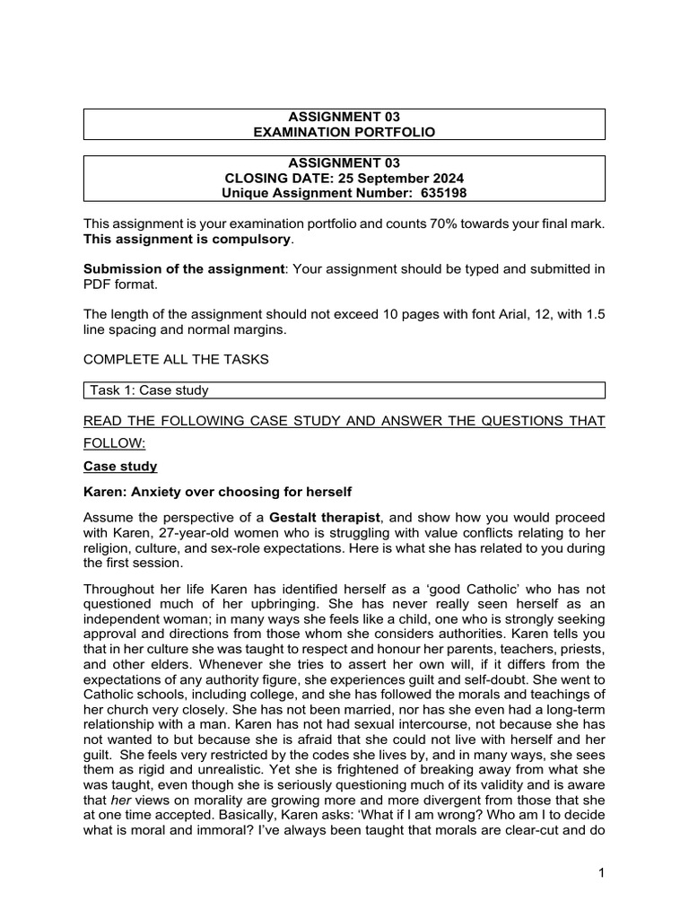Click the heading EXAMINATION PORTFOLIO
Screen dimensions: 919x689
click(344, 132)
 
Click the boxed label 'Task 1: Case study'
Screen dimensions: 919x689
click(149, 390)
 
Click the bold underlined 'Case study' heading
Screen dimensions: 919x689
click(120, 467)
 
